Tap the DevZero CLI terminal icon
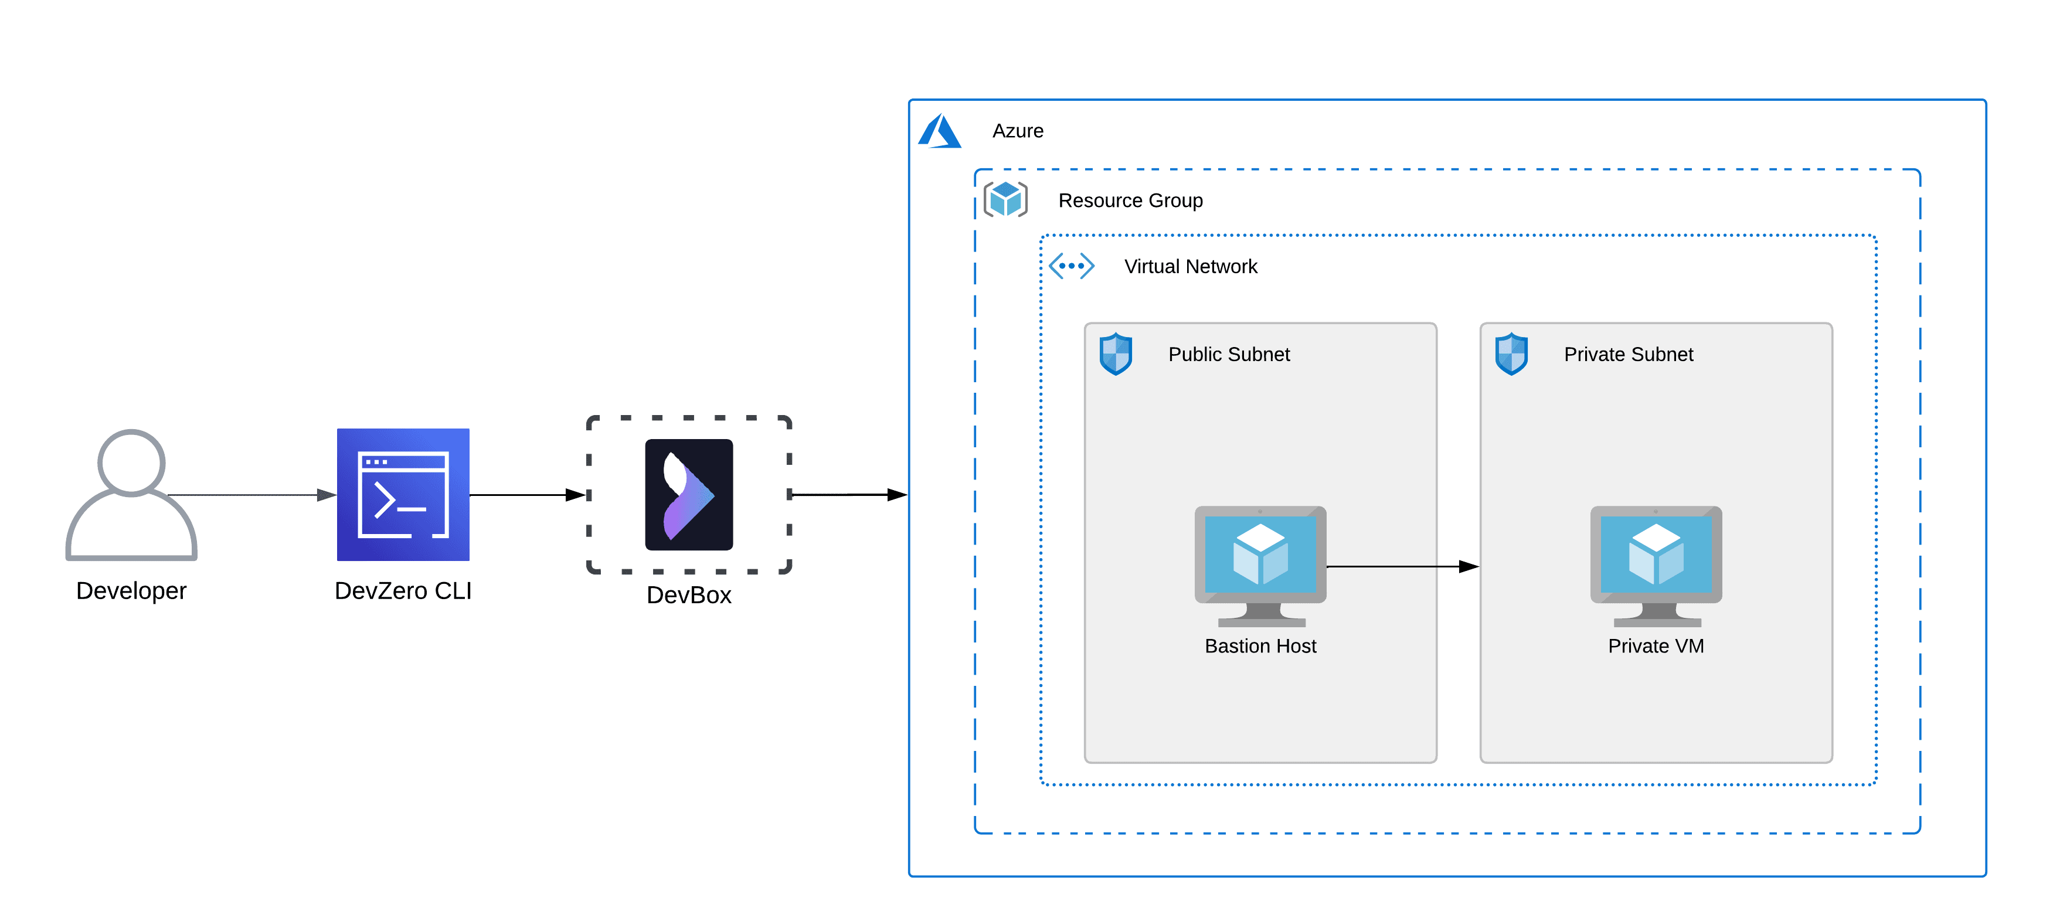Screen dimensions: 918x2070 click(x=403, y=494)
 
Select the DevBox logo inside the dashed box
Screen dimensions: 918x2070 click(x=689, y=494)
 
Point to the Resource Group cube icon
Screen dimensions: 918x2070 click(x=1005, y=199)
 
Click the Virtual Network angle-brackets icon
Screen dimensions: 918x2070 click(x=1071, y=266)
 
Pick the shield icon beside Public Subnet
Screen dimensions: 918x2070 click(x=1116, y=353)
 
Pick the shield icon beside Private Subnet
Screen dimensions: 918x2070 click(x=1511, y=353)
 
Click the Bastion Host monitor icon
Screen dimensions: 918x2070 click(x=1260, y=565)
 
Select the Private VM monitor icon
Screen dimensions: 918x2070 click(x=1656, y=565)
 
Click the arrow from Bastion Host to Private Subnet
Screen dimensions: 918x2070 click(x=1402, y=567)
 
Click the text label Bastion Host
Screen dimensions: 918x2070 click(x=1260, y=647)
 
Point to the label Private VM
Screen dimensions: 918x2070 click(x=1656, y=647)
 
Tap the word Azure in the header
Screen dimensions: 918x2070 click(x=1017, y=131)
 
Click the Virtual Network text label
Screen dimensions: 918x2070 click(x=1190, y=266)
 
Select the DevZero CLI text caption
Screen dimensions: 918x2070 click(x=403, y=591)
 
